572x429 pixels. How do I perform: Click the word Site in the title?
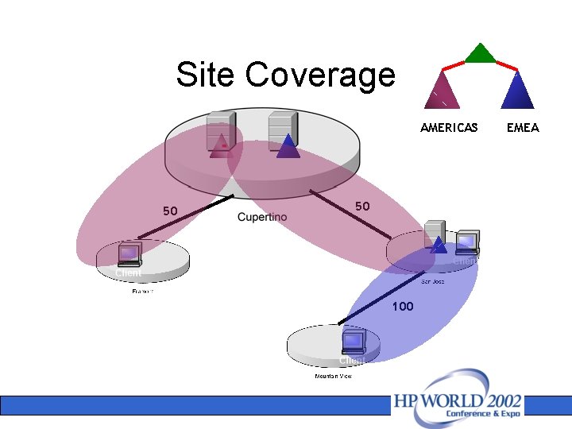(206, 75)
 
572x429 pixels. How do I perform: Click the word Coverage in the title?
(320, 75)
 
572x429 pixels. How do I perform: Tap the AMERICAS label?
(449, 127)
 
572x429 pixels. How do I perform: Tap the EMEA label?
(523, 127)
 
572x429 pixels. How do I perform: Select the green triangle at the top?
(480, 53)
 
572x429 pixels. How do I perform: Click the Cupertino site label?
(262, 218)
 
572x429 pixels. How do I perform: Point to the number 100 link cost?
(403, 307)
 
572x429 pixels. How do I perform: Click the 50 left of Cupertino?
(170, 211)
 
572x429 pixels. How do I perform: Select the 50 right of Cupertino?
(362, 207)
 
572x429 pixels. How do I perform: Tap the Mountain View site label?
(334, 376)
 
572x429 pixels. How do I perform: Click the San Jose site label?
(432, 281)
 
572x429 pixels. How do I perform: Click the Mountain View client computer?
(353, 342)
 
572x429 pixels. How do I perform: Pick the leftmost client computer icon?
(129, 255)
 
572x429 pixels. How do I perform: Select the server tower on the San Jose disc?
(435, 234)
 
